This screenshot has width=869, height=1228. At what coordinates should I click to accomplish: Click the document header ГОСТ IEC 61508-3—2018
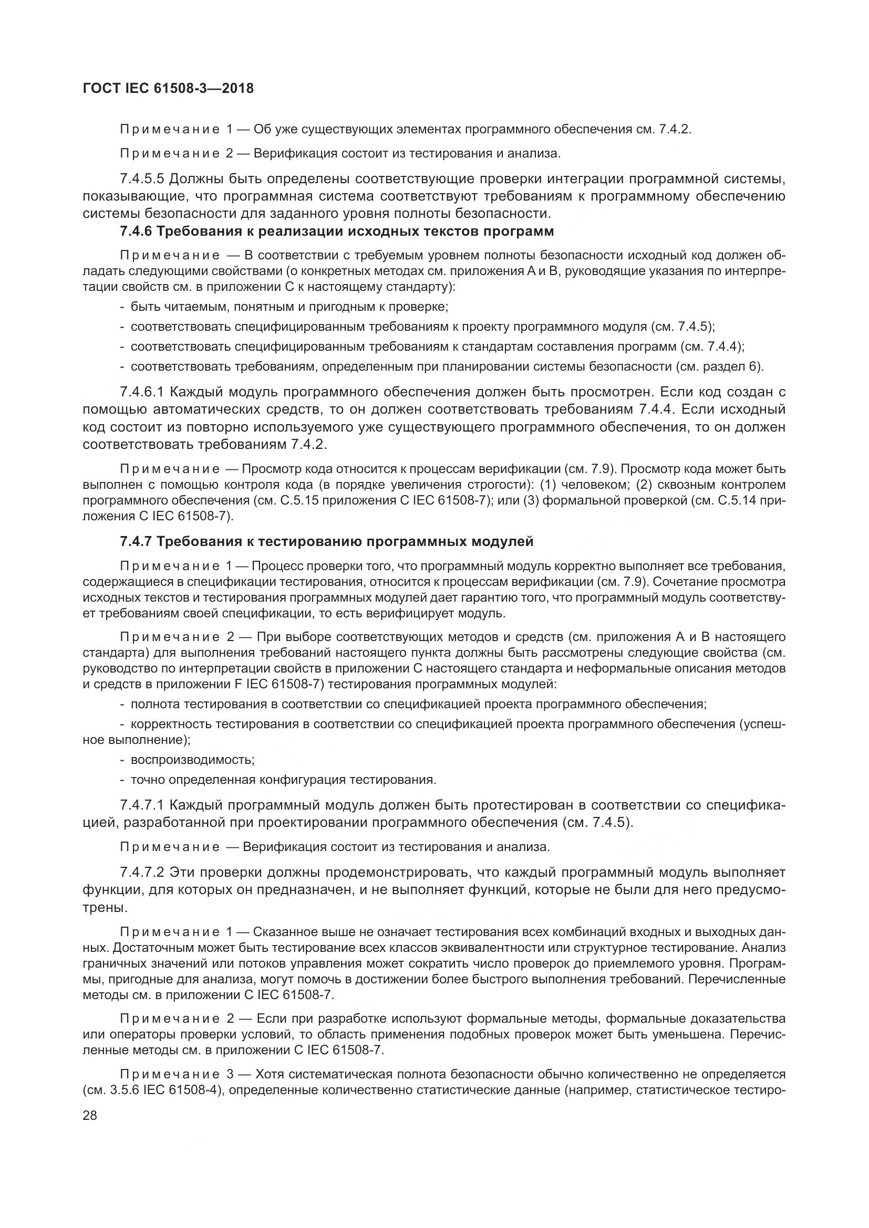(x=169, y=88)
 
